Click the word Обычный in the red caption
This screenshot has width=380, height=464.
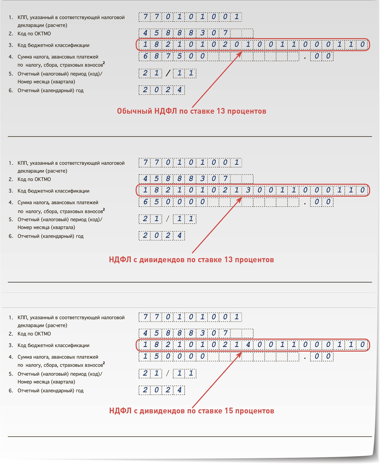(134, 111)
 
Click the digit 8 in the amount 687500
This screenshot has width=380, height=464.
(157, 56)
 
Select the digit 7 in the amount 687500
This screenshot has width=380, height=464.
(168, 56)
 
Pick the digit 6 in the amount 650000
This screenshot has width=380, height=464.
(145, 202)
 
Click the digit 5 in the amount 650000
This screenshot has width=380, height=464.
(157, 202)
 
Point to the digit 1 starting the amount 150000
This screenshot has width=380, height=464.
(145, 356)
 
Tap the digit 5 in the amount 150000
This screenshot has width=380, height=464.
(157, 356)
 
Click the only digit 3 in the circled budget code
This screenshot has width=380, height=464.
(248, 190)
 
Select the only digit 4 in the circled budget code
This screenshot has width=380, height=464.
(248, 344)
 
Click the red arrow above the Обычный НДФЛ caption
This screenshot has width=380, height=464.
(217, 79)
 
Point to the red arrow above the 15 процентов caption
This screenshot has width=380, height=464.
(217, 379)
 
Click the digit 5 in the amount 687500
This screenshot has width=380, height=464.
(179, 56)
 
